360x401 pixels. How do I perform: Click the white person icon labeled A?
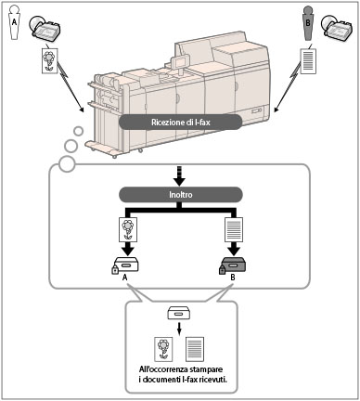(x=14, y=22)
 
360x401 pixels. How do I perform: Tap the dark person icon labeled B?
(x=307, y=24)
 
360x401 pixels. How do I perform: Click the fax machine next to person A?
(x=45, y=28)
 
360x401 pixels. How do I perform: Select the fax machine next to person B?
(x=337, y=29)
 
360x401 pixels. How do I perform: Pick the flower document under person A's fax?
(x=50, y=60)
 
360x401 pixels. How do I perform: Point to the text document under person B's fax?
(x=308, y=61)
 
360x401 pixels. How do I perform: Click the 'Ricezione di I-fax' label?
(x=180, y=122)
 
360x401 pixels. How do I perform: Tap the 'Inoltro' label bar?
(x=181, y=195)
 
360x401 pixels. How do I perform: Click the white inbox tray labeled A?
(x=126, y=265)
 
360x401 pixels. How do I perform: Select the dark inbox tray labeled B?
(x=234, y=265)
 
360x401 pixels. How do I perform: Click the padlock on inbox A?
(x=115, y=269)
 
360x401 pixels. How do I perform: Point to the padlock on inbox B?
(x=223, y=269)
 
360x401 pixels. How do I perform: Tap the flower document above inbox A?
(x=128, y=229)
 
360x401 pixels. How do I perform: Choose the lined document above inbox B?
(x=234, y=229)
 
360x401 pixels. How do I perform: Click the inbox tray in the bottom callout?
(x=178, y=313)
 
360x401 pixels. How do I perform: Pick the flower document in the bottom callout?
(x=163, y=349)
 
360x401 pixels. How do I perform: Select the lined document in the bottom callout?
(x=195, y=349)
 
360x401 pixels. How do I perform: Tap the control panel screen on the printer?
(x=179, y=61)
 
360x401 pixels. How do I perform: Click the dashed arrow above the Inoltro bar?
(x=180, y=176)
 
